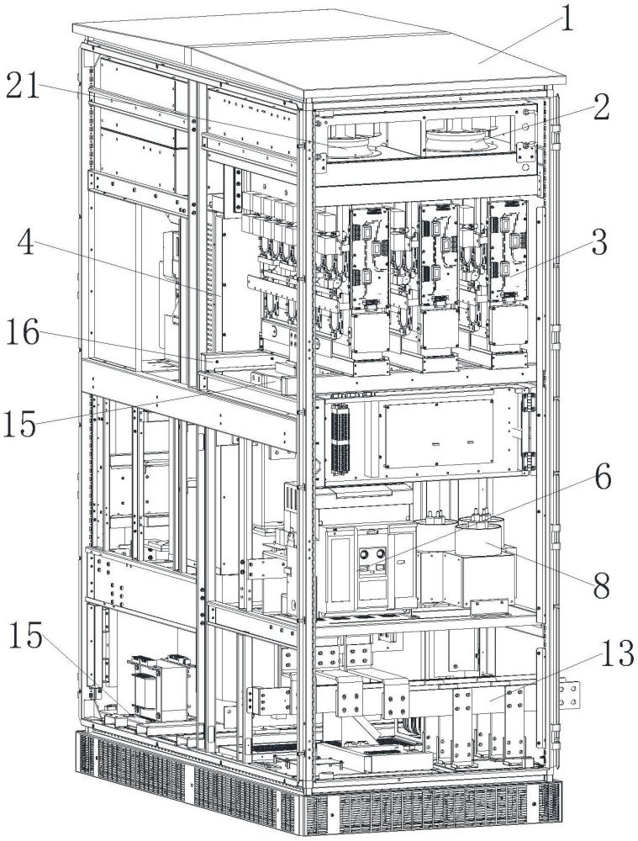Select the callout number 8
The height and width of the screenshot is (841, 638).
point(600,585)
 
